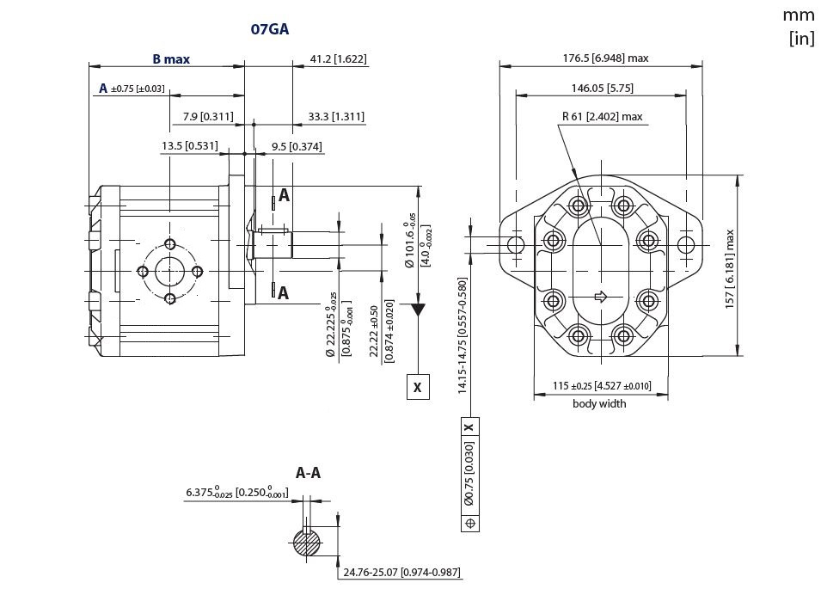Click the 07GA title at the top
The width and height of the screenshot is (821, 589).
(x=269, y=29)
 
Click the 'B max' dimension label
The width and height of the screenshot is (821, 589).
(x=171, y=59)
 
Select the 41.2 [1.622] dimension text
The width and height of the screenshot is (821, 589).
(x=338, y=59)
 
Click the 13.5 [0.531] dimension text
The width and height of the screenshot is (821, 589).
(x=189, y=146)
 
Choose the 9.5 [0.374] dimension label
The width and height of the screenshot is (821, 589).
(x=297, y=146)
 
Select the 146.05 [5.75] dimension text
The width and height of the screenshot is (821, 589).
(x=602, y=88)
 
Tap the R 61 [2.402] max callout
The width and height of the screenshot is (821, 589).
(x=602, y=117)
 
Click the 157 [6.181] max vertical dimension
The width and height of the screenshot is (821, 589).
(x=730, y=269)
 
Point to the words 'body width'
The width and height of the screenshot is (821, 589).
(x=599, y=403)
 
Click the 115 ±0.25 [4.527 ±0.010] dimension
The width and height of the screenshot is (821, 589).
(x=599, y=385)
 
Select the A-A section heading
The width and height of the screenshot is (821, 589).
(x=308, y=473)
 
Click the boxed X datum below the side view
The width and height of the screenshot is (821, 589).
(x=418, y=388)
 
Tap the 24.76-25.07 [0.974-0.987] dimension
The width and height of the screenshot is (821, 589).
(x=401, y=572)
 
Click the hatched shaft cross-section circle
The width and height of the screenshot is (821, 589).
(x=304, y=543)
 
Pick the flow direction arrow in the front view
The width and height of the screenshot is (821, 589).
(x=601, y=297)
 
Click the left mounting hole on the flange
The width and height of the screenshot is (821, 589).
(x=516, y=245)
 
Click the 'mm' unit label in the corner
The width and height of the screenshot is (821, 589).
(x=797, y=15)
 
